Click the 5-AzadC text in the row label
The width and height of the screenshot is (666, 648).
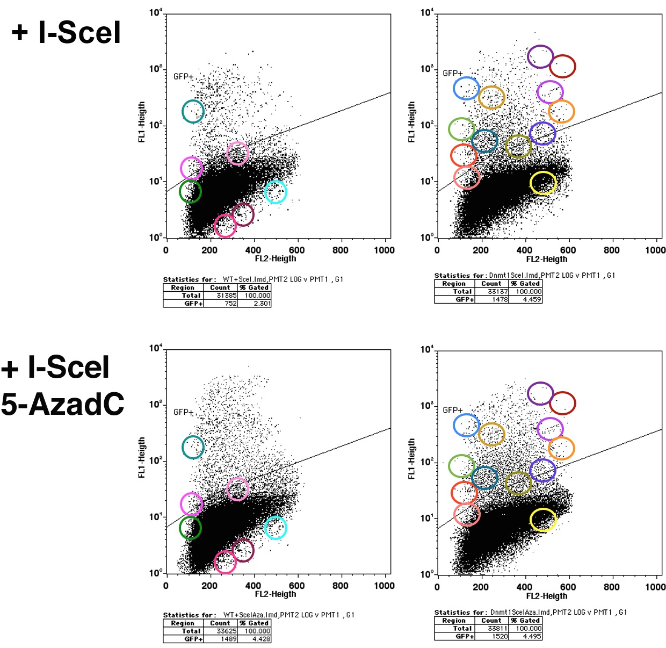(63, 404)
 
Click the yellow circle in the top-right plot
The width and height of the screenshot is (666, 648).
(543, 183)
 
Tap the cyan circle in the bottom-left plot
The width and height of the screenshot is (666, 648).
(276, 528)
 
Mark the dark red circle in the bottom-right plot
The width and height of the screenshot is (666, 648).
(562, 403)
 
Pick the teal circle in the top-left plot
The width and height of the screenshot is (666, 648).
(193, 111)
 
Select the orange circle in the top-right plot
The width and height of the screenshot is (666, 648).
(561, 111)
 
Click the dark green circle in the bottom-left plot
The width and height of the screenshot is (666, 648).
(190, 528)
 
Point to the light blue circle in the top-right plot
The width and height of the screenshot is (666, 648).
(466, 88)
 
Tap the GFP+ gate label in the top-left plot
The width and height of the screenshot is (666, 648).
(183, 77)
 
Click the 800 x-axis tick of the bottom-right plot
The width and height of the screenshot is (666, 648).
(611, 587)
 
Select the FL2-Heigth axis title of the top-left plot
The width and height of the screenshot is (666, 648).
(276, 258)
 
